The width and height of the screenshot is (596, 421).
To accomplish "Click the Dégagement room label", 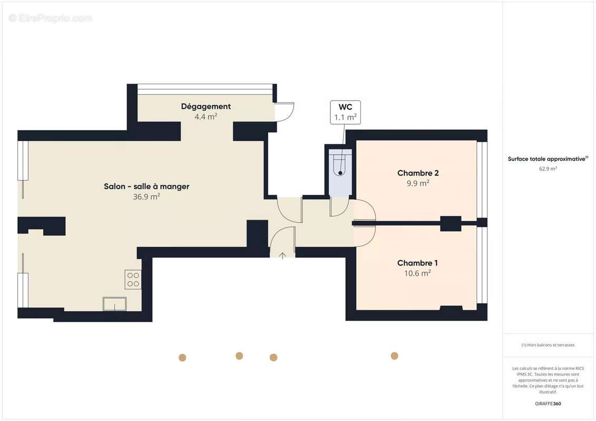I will point(206,106).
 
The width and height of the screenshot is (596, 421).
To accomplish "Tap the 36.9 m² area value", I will point(146,197).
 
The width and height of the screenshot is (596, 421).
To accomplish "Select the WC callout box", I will point(345,112).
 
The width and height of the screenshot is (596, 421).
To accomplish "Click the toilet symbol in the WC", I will point(340,164).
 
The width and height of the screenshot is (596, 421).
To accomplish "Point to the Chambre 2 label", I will point(418,173).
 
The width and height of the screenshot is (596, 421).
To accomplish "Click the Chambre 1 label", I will point(417,263).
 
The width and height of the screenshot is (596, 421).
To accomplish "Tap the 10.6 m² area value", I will point(417,273).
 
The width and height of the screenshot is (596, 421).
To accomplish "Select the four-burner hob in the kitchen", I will point(133,279).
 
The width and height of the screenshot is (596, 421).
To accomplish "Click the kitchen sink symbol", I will point(115,304).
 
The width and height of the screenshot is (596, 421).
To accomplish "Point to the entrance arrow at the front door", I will point(282,256).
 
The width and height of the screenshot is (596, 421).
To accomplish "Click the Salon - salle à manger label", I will point(146,186).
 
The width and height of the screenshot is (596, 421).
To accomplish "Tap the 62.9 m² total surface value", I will point(548,169).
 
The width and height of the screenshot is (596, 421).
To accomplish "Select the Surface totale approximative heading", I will point(547,159).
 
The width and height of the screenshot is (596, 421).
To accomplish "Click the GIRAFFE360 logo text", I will point(548,404).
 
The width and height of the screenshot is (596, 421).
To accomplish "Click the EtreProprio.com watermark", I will point(51,18).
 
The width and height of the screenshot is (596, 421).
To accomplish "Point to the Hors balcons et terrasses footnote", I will point(548,345).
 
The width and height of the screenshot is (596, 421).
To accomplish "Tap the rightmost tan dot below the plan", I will point(394,356).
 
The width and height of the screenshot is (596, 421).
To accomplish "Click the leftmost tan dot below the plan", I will point(182,358).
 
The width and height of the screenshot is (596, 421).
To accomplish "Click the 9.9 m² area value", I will point(417,183).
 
